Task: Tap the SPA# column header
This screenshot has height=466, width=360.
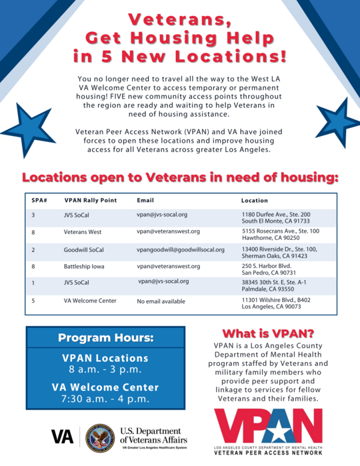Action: [37, 200]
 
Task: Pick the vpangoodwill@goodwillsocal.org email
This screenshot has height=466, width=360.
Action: [180, 249]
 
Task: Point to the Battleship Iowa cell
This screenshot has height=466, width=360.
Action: [85, 266]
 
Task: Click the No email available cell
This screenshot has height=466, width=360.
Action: [161, 301]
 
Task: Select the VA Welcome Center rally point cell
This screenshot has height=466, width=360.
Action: [90, 301]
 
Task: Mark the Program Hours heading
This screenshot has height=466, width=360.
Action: [105, 337]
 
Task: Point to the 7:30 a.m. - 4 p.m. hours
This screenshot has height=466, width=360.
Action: [105, 399]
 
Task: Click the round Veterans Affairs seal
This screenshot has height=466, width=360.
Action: [99, 437]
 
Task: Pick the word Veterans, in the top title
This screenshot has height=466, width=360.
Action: [179, 17]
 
